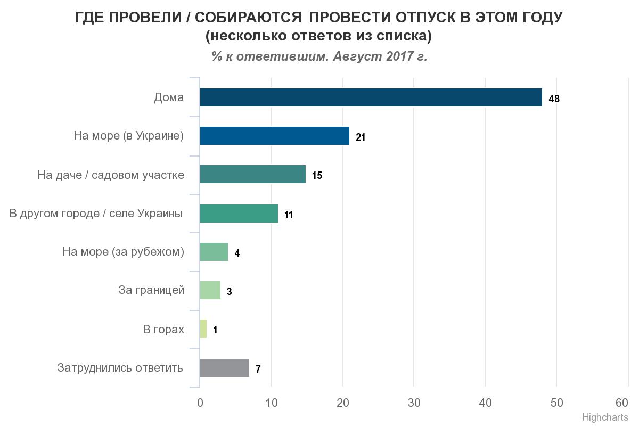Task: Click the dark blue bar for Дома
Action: (x=371, y=97)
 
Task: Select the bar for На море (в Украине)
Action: (x=274, y=136)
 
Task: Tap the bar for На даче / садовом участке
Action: (x=252, y=174)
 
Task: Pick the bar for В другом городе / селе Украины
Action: (x=239, y=213)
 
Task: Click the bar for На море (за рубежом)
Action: (x=214, y=252)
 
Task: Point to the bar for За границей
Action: (x=210, y=290)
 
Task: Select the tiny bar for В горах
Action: (x=203, y=329)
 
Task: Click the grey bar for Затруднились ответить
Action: (x=224, y=367)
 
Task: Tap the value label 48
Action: (x=554, y=99)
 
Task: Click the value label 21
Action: (x=361, y=137)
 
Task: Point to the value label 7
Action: (x=258, y=369)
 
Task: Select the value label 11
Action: (x=289, y=215)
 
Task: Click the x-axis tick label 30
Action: (x=414, y=403)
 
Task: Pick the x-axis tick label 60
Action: (x=622, y=402)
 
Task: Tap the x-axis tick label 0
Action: (x=200, y=403)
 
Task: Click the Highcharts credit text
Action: (x=605, y=417)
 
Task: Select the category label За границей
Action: (x=151, y=290)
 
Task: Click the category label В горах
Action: (x=163, y=329)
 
